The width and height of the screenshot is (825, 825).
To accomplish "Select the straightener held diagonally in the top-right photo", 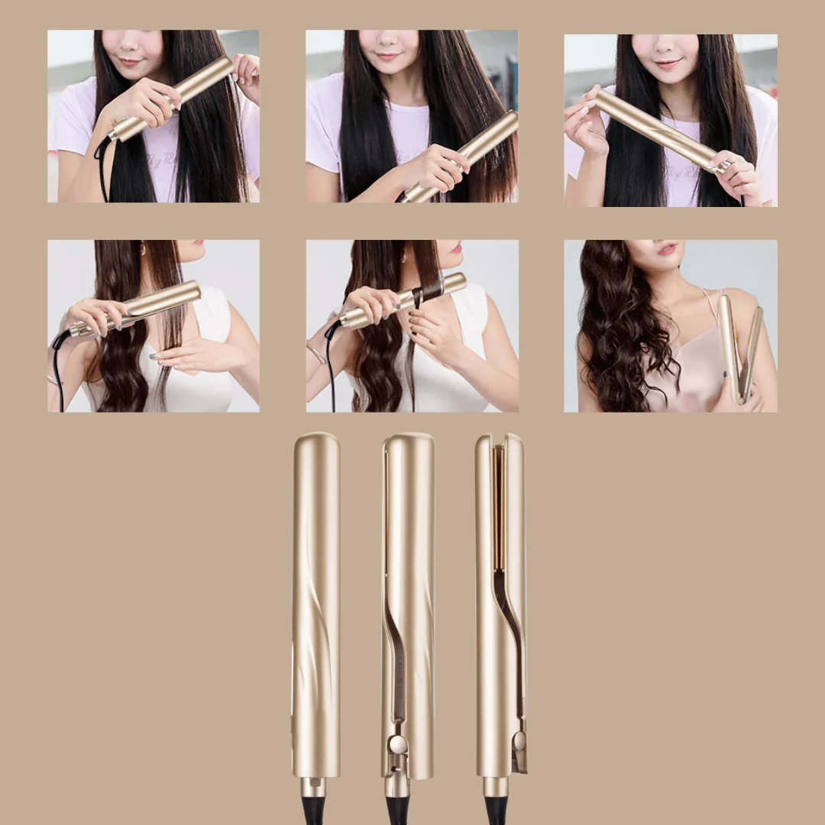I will pyautogui.click(x=657, y=130).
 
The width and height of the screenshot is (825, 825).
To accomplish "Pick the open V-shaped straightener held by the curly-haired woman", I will pyautogui.click(x=739, y=348).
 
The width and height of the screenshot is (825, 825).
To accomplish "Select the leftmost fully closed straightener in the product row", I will pyautogui.click(x=315, y=603).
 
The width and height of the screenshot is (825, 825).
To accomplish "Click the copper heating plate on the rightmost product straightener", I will pyautogui.click(x=498, y=508).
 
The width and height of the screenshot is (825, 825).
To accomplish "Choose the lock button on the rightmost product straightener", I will pyautogui.click(x=519, y=741).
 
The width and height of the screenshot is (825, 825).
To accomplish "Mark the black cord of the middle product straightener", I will pyautogui.click(x=397, y=811).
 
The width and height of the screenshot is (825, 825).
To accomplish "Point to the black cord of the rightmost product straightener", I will pyautogui.click(x=496, y=811).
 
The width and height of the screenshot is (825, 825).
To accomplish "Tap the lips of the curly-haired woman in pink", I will pyautogui.click(x=667, y=250).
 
